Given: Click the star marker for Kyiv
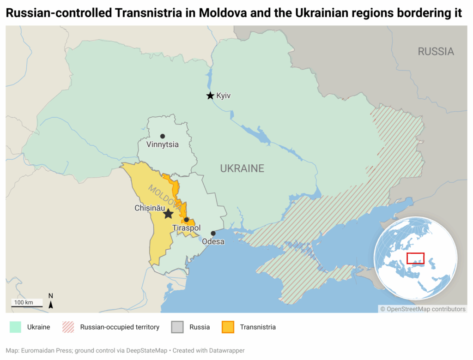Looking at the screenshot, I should point(210,96).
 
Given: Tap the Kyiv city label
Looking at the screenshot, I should point(223,96).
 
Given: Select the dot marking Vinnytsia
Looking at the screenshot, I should point(163,136).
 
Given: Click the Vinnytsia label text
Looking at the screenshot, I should point(162,145).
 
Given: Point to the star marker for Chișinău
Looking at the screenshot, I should point(168,214).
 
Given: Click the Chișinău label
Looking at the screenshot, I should point(149,208).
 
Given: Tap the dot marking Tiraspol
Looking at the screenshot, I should point(186,220).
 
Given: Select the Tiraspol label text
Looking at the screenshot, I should point(186,228).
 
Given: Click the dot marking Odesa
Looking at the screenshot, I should point(213,233).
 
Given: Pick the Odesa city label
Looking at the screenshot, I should point(213,241).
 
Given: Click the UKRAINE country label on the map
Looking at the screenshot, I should point(242,168).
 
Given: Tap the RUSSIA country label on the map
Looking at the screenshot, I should point(436,51).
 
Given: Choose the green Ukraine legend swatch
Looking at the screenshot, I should point(15,327).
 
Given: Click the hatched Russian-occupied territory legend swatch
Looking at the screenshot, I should point(68,327).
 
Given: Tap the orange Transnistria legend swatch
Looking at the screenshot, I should point(228,327).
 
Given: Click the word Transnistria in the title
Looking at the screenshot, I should point(149,13).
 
